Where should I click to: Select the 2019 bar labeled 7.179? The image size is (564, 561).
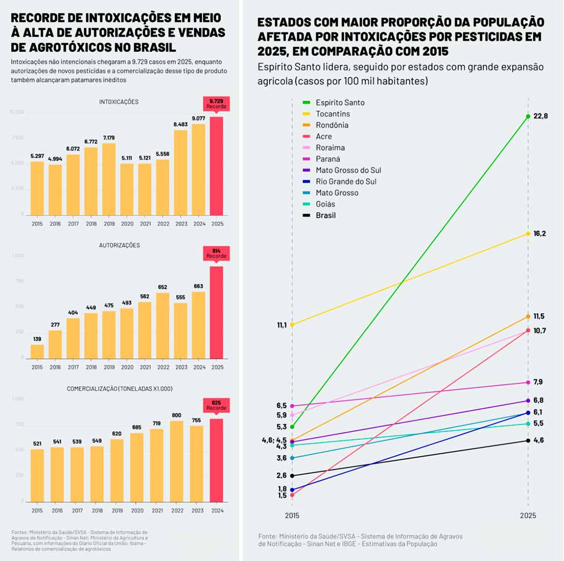coord(108,179)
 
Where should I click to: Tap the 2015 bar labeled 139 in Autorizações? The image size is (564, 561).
coord(37,351)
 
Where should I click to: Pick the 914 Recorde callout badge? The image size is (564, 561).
coord(216,253)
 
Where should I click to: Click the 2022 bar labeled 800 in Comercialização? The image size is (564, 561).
coord(162,461)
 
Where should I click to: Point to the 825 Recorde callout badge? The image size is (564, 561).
coord(216,405)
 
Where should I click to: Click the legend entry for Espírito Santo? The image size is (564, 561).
coord(340,103)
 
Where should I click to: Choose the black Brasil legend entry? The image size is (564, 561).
coord(325,215)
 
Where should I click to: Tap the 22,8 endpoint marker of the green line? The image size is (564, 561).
coord(528,117)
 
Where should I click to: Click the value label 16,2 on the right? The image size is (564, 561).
coord(540,233)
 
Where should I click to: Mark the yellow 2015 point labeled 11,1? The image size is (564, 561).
coord(292,324)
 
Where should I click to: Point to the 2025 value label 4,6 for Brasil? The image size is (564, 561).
coord(538,440)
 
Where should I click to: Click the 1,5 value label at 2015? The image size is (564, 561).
coord(282,496)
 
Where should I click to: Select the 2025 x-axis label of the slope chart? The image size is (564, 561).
coord(528,515)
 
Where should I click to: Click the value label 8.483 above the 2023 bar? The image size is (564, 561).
coord(180,124)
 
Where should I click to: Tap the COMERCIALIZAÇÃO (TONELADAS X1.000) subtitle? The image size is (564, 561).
coord(119,389)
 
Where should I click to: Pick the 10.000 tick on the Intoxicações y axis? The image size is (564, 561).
coord(17,112)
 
